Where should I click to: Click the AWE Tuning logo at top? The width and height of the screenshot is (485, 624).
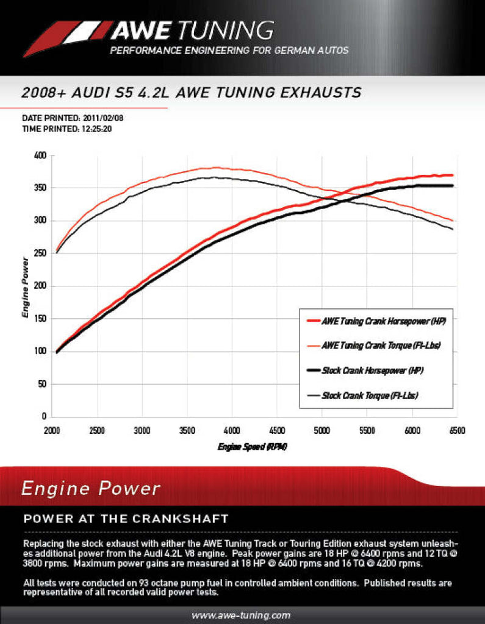point(149,30)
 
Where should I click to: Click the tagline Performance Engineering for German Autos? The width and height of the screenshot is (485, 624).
point(229,51)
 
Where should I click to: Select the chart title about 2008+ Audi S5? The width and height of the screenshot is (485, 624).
point(191,93)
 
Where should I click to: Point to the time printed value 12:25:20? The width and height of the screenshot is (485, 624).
point(95,129)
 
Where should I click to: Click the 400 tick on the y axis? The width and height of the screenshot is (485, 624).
point(40,155)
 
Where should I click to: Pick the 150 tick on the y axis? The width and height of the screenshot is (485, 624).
point(40,319)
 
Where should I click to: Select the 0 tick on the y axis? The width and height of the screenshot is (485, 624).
point(44,417)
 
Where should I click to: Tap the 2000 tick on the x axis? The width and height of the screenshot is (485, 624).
point(53,430)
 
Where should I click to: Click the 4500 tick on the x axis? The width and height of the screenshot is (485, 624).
point(277,430)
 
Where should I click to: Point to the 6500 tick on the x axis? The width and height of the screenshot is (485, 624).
point(456,430)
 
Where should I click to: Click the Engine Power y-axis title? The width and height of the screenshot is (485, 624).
point(26,286)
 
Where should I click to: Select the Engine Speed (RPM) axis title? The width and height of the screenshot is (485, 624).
point(252,447)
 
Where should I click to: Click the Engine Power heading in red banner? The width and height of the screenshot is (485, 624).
point(90,488)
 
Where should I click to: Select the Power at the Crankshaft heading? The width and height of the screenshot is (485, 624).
point(125,519)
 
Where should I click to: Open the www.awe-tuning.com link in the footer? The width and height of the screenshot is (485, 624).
point(241,615)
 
